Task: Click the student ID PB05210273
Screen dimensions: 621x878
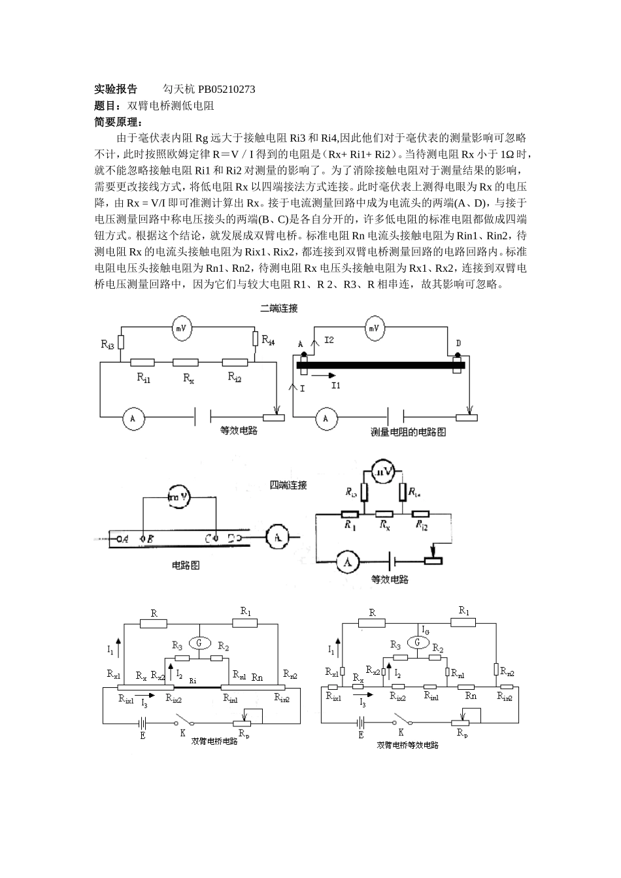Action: click(223, 89)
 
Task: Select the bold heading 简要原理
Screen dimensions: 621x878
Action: click(118, 122)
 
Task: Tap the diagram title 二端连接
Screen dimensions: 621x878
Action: click(279, 308)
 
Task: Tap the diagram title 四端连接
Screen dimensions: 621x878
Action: click(288, 485)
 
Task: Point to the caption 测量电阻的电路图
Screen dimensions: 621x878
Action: click(409, 432)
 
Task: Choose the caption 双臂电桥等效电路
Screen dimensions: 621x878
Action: click(408, 745)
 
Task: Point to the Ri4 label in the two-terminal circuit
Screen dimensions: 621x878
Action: click(268, 340)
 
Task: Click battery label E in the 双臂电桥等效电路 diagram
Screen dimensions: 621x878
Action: click(361, 734)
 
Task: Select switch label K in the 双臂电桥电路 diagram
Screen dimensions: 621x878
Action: click(183, 732)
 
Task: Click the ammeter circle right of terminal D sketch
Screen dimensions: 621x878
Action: click(277, 538)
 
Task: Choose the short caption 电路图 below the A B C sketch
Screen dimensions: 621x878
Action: click(185, 565)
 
